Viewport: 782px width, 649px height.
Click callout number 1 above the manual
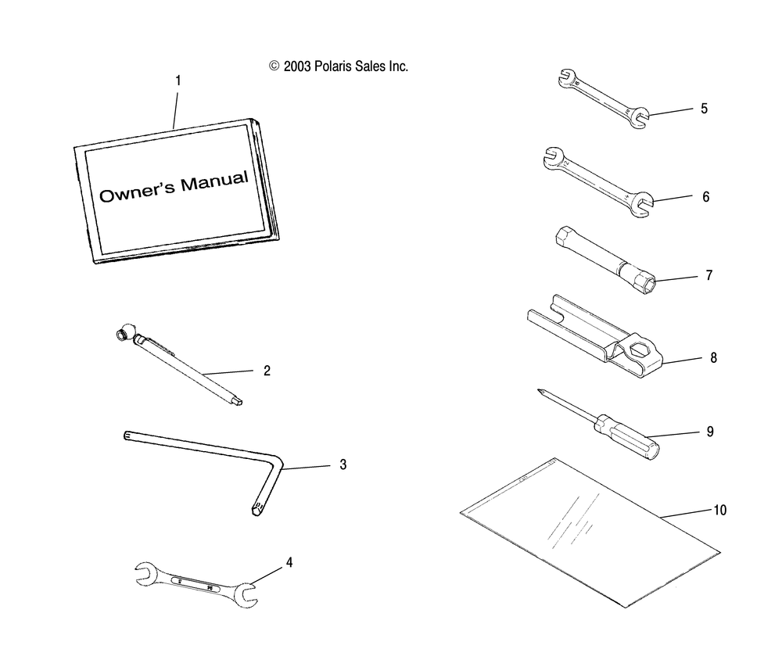tap(178, 80)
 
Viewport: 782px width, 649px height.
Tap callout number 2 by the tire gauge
tap(267, 371)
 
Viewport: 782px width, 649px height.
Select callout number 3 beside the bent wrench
tap(343, 464)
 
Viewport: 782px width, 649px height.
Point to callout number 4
tap(289, 562)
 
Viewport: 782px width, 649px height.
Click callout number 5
tap(704, 109)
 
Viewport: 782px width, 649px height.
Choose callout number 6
tap(705, 197)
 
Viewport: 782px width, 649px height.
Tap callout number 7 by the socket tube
tap(709, 275)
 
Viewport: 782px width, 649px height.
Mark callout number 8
tap(713, 358)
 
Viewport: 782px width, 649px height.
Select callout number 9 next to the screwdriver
tap(710, 431)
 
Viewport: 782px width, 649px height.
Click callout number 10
tap(719, 510)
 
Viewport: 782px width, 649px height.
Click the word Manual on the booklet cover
tap(213, 184)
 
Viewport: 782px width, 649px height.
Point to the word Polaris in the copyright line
tap(339, 67)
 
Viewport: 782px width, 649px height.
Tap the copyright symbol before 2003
tap(274, 67)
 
